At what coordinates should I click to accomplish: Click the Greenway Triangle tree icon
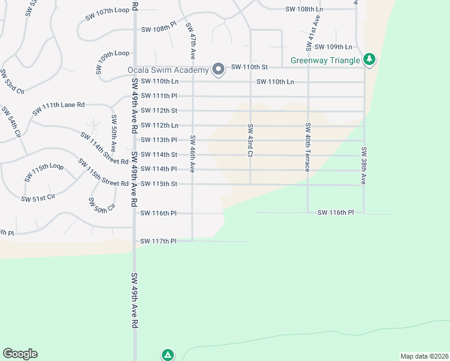(x=369, y=60)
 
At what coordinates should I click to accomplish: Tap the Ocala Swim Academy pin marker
(x=218, y=70)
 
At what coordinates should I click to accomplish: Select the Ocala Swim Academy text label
(x=168, y=70)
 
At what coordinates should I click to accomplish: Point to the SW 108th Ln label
(x=304, y=10)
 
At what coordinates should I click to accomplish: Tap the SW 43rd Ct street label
(x=250, y=140)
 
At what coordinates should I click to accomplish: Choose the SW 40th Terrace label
(x=307, y=147)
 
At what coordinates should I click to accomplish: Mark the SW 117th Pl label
(x=158, y=241)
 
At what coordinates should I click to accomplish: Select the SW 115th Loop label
(x=44, y=172)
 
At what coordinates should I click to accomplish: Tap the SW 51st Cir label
(x=38, y=198)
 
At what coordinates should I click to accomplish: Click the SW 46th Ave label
(x=193, y=154)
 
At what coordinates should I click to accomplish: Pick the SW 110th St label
(x=248, y=67)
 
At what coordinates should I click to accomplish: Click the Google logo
(x=20, y=354)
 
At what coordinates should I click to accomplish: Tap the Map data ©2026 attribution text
(x=424, y=356)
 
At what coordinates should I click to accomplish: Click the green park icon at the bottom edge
(x=168, y=355)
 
